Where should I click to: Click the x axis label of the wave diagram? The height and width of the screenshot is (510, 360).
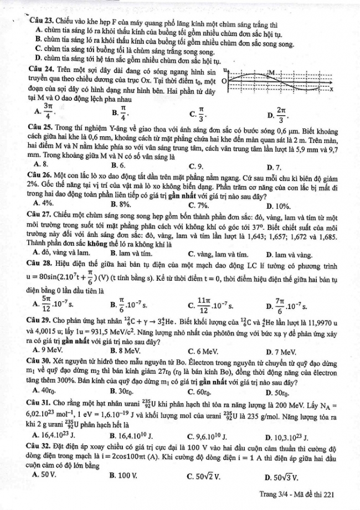pyautogui.click(x=332, y=89)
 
